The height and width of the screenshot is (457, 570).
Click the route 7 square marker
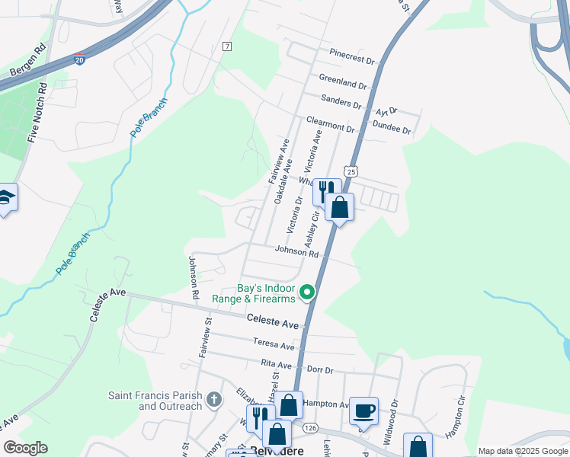coord(227,46)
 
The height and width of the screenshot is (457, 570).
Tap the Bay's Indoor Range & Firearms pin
coord(307,292)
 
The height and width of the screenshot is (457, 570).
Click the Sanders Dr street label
coord(341,101)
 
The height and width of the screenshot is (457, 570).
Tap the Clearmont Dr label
coord(331,124)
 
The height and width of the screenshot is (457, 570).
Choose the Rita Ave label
coord(278,365)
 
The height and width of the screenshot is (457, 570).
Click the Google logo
coord(25,448)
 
